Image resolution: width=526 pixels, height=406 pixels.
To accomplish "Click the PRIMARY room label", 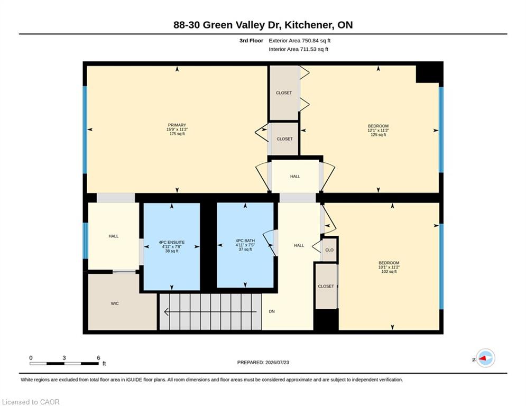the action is coord(177,125).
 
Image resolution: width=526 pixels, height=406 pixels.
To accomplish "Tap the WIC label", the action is coord(115,303).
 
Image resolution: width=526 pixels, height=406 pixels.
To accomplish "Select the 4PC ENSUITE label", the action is coord(172,242).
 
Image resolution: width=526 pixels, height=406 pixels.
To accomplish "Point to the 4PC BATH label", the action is coord(245,241).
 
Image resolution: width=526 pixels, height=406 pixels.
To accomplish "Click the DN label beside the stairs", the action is coord(272,311).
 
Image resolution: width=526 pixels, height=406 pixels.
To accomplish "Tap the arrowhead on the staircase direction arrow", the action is coord(167,312).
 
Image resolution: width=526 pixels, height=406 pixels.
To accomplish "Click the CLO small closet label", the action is coord(329,250).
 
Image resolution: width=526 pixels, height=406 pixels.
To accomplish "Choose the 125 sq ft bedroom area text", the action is coord(379,135).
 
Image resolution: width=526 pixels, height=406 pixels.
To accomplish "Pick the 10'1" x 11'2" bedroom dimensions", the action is coord(389,267).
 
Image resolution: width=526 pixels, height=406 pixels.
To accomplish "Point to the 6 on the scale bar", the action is coord(98,358).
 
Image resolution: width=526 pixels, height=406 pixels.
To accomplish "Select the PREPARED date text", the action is coord(263,362).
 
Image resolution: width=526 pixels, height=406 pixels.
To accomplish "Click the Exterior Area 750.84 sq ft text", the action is coord(300,41).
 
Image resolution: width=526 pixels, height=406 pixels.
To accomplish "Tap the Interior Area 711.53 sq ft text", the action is coord(299,49).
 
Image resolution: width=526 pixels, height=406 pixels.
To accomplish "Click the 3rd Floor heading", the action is coord(251,41).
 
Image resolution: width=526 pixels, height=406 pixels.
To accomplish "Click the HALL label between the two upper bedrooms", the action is coord(295,177).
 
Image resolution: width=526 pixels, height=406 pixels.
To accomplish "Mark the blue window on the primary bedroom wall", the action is coord(85,130).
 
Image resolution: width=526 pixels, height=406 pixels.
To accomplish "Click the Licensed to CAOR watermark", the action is coord(31,402).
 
